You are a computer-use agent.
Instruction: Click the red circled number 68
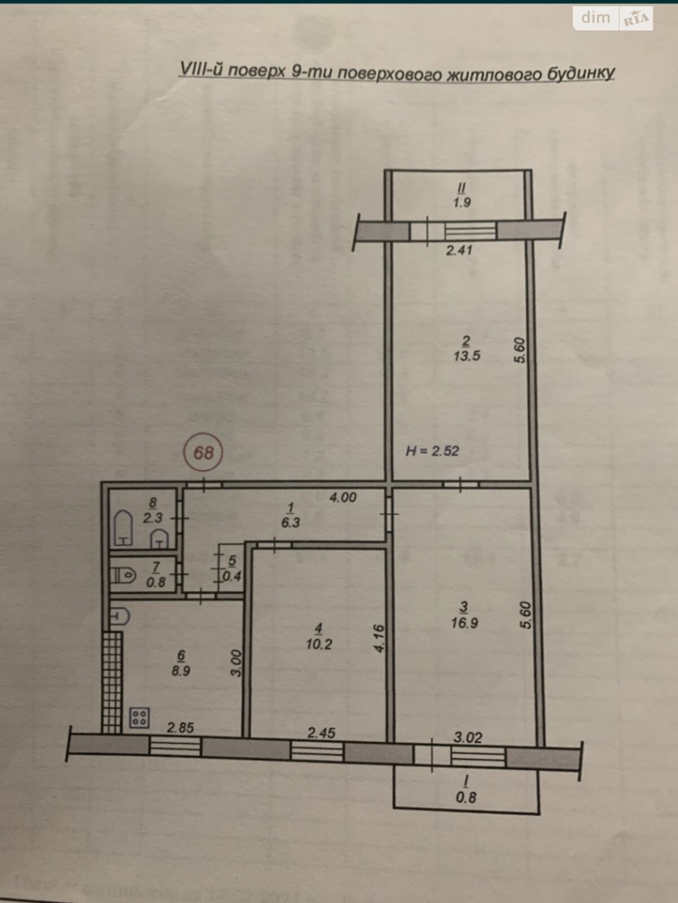coord(203,452)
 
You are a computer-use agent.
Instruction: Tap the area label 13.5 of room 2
coord(467,356)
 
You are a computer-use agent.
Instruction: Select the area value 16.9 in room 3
coord(464,623)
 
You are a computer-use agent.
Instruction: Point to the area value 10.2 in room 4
coord(319,644)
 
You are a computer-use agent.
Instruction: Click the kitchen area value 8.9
coord(181,671)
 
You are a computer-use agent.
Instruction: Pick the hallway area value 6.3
coord(290,523)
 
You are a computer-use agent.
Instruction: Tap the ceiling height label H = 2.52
coord(432,451)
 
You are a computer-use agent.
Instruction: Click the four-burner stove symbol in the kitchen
coord(139,718)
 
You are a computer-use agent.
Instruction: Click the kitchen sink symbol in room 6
coord(120,616)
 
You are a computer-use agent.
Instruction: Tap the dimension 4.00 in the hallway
coord(343,497)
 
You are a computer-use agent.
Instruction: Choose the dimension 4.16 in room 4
coord(379,638)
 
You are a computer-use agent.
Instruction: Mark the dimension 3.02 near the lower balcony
coord(468,737)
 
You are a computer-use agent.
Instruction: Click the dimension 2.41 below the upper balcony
coord(459,250)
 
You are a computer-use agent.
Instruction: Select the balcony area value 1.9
coord(462,203)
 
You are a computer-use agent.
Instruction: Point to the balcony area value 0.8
coord(466,797)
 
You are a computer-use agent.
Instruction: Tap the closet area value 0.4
coord(232,576)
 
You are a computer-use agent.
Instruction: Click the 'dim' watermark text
coord(596,17)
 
